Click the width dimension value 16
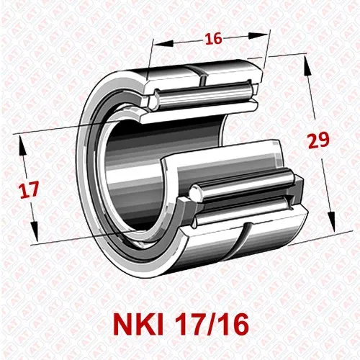point(212,39)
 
